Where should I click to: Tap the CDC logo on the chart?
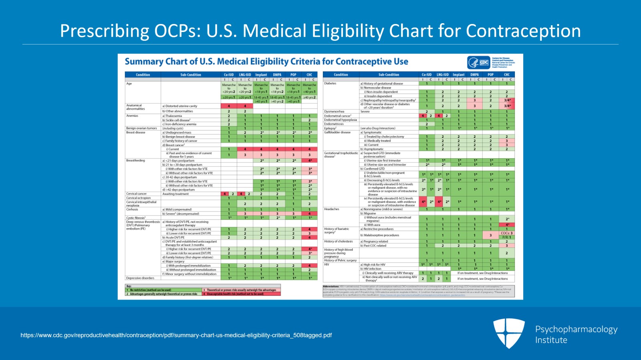(479, 62)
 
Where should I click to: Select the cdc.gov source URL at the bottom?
(176, 335)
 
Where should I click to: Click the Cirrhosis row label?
(132, 209)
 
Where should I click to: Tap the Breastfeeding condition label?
(135, 161)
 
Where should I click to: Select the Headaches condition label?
(332, 209)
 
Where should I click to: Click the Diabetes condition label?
(331, 83)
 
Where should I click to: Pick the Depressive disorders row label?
(140, 278)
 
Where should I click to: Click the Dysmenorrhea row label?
(334, 112)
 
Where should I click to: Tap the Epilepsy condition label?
(330, 128)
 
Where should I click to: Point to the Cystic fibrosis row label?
(136, 218)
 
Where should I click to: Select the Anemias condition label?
(132, 116)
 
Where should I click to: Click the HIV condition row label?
(327, 264)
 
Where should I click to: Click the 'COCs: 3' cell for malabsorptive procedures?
(506, 233)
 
